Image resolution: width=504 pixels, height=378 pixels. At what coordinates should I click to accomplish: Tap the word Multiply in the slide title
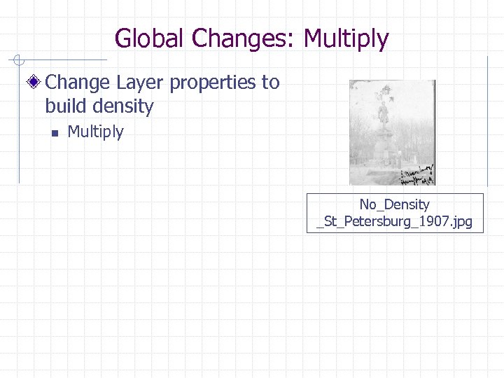346,38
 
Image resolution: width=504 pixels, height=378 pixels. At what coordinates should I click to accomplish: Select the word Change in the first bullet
78,83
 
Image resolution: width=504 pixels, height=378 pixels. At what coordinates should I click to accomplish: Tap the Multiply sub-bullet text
95,132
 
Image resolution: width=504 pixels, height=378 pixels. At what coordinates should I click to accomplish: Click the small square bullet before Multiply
52,132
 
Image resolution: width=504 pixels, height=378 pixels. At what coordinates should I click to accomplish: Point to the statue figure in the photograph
382,108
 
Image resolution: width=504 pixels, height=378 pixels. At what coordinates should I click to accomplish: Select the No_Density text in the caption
394,204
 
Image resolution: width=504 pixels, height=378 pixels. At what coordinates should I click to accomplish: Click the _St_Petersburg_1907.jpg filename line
394,223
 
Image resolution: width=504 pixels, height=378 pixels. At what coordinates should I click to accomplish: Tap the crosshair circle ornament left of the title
23,59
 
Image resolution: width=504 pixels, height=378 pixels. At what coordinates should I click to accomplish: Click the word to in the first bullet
271,83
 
